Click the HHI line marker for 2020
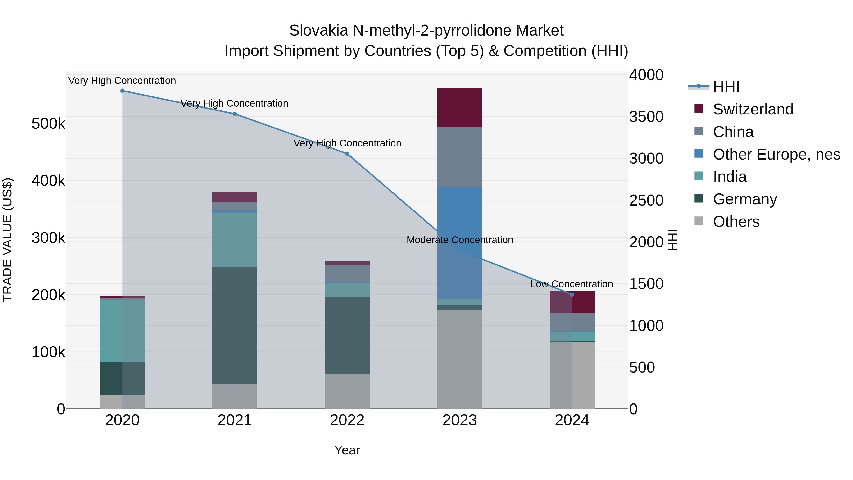tap(122, 91)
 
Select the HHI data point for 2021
tap(235, 114)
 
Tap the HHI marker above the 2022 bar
tap(347, 154)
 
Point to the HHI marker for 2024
tap(572, 294)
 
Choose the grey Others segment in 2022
tap(347, 391)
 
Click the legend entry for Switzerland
tap(753, 109)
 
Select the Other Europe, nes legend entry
tap(776, 154)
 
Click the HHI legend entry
tap(726, 87)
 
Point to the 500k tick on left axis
tap(48, 124)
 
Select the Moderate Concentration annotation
tap(460, 240)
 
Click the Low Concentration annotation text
tap(572, 284)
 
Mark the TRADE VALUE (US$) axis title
tap(8, 240)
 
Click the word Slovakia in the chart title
tap(318, 31)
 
